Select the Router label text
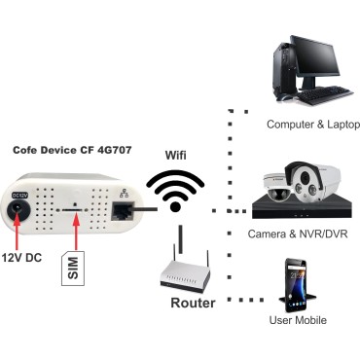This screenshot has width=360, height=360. coord(193,304)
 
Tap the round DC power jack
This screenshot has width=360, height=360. coord(18,216)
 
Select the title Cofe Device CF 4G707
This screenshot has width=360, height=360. coord(72,152)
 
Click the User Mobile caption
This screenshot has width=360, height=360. coord(298,320)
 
